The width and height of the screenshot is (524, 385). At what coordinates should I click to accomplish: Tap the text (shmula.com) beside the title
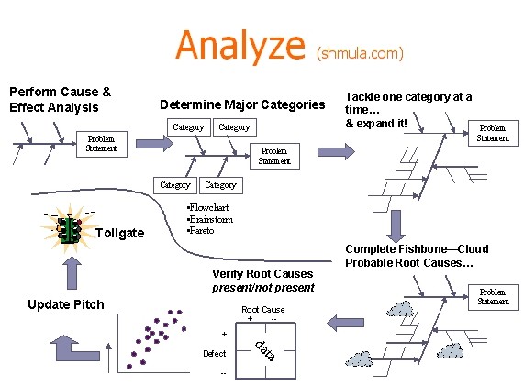pos(360,53)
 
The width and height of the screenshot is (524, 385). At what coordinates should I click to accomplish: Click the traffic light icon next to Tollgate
pos(67,230)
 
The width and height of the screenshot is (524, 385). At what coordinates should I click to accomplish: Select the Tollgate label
pos(120,234)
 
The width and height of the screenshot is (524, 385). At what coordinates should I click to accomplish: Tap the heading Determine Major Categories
pos(242,104)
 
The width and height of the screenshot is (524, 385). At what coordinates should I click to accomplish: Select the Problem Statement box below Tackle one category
pos(493,133)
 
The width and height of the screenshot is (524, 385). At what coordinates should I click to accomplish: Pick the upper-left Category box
pos(188,127)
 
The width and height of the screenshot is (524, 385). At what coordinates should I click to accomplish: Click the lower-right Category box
pos(220,185)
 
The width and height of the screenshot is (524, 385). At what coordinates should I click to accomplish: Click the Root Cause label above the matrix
pos(262,310)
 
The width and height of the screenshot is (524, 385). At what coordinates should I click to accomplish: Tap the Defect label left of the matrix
pos(213,352)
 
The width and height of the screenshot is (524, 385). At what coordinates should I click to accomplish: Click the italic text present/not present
pos(262,287)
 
